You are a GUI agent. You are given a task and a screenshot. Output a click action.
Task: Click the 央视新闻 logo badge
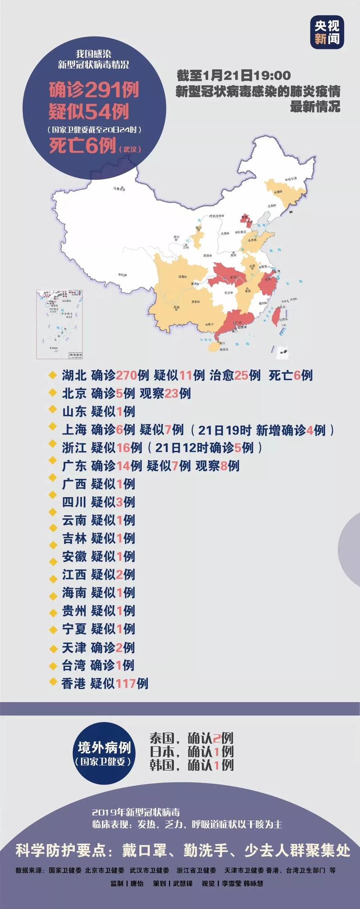pyautogui.click(x=327, y=31)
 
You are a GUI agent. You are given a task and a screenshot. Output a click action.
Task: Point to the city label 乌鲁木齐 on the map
pyautogui.click(x=119, y=190)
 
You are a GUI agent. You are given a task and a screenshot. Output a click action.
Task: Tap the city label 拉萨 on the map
pyautogui.click(x=122, y=274)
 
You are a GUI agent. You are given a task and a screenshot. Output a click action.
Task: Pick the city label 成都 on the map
pyautogui.click(x=181, y=277)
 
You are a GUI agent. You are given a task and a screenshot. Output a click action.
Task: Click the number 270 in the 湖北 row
pyautogui.click(x=126, y=376)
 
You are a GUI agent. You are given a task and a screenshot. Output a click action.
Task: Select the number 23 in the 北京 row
pyautogui.click(x=171, y=394)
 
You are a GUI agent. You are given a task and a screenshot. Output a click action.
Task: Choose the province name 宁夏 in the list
pyautogui.click(x=74, y=629)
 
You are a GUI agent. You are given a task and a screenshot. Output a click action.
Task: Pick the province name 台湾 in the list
pyautogui.click(x=74, y=665)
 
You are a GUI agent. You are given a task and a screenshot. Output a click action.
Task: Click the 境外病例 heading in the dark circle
pyautogui.click(x=104, y=748)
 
